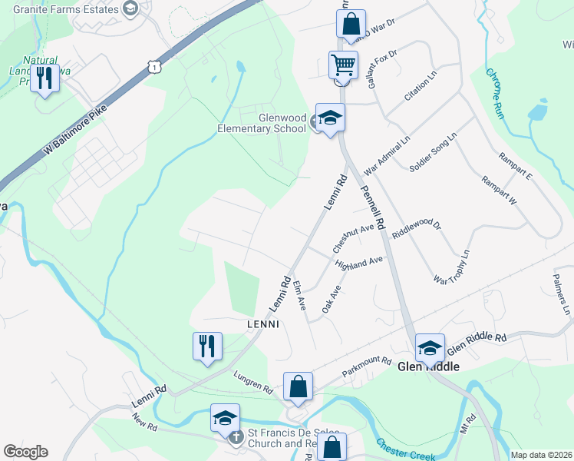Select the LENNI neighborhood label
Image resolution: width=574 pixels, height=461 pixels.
(262, 324)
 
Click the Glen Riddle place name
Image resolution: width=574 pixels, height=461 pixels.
(428, 366)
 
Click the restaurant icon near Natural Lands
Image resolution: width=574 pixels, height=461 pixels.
(45, 78)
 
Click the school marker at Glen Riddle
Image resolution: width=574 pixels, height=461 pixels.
(430, 347)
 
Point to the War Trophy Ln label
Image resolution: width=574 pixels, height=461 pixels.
(452, 265)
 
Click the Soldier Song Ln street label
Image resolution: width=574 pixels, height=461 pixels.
(433, 151)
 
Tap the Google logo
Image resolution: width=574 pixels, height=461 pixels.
(25, 452)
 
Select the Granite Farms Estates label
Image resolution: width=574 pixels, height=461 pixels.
(61, 8)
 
